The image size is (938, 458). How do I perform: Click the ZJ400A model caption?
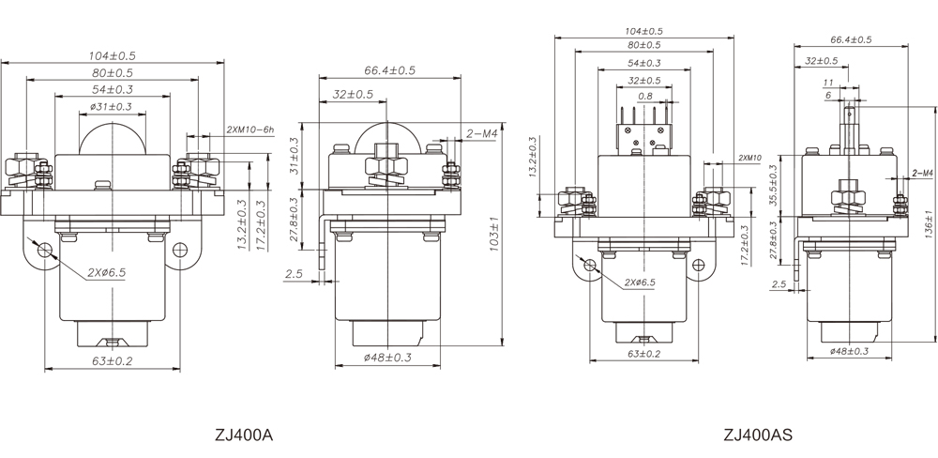point(243,435)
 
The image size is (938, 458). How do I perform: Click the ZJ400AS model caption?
point(758,435)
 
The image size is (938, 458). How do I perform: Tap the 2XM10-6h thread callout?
point(250,130)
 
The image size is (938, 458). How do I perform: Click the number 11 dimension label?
point(828,83)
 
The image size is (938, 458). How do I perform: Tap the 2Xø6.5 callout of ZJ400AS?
point(635,282)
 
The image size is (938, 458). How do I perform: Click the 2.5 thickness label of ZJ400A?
point(295,273)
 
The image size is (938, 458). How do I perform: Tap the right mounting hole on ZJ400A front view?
point(183,249)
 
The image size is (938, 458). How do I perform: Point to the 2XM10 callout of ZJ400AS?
point(750,157)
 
